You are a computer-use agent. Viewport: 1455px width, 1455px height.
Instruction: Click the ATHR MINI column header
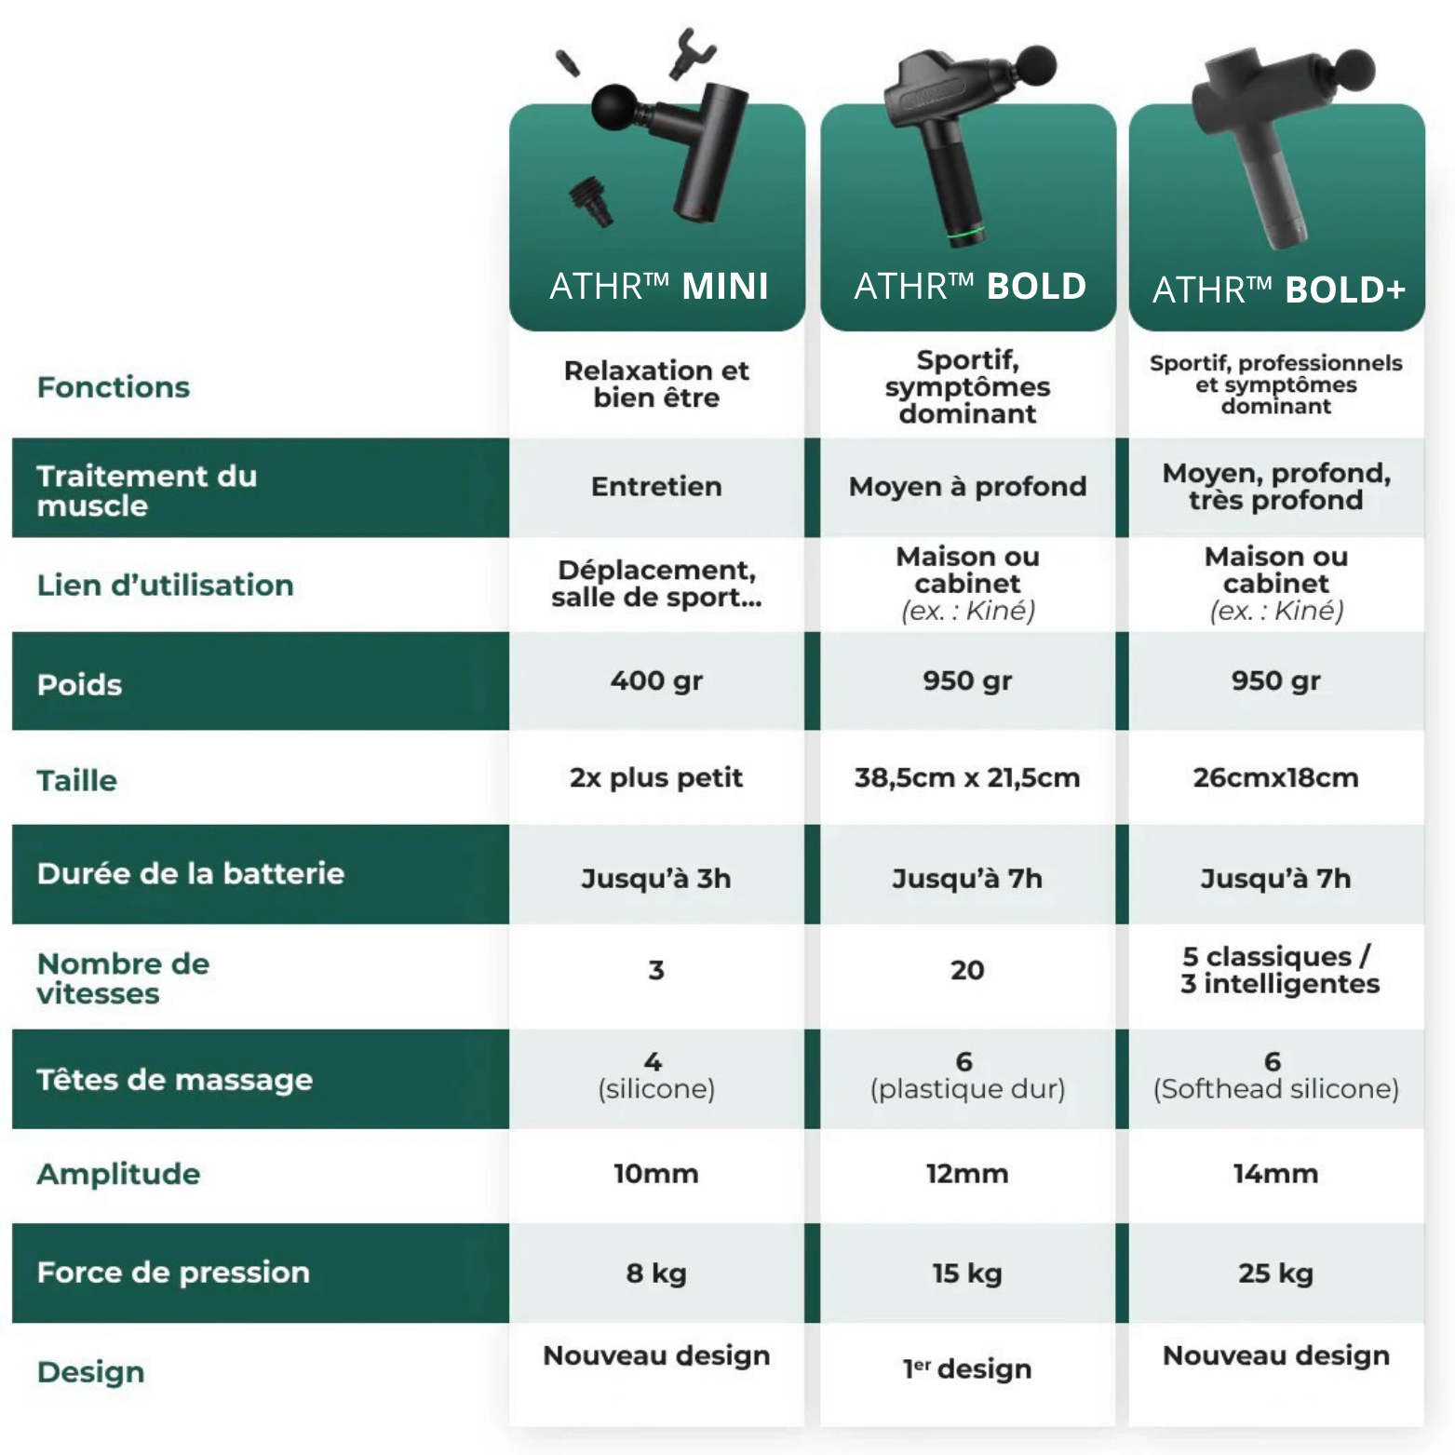(658, 286)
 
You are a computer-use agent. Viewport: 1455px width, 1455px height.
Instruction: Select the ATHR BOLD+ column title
(1278, 290)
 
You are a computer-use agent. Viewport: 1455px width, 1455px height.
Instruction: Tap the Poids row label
(80, 685)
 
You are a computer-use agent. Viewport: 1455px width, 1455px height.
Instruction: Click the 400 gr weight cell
(656, 680)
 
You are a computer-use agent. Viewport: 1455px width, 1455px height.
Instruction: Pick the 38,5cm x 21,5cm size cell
(967, 777)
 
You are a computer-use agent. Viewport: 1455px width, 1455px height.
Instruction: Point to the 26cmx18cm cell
(1275, 777)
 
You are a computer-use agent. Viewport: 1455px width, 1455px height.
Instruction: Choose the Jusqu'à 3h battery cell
(656, 878)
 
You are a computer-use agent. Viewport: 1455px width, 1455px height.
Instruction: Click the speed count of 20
(967, 970)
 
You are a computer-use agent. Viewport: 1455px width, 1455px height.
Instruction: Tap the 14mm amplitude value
(1275, 1174)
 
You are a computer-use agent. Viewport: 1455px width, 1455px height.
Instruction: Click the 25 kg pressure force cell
(1275, 1273)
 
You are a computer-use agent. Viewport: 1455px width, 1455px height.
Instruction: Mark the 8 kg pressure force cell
(656, 1273)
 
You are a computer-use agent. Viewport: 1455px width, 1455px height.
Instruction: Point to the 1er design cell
(967, 1368)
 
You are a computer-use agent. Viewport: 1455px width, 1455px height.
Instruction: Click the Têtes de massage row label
(175, 1080)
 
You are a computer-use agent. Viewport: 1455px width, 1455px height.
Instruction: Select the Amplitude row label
(119, 1174)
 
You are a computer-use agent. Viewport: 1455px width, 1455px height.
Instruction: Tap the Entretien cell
(656, 486)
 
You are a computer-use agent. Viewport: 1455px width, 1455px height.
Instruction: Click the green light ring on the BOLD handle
(965, 230)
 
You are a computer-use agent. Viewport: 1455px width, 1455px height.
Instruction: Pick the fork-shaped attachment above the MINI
(691, 53)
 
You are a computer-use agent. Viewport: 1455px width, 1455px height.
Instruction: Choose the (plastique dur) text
(967, 1089)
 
